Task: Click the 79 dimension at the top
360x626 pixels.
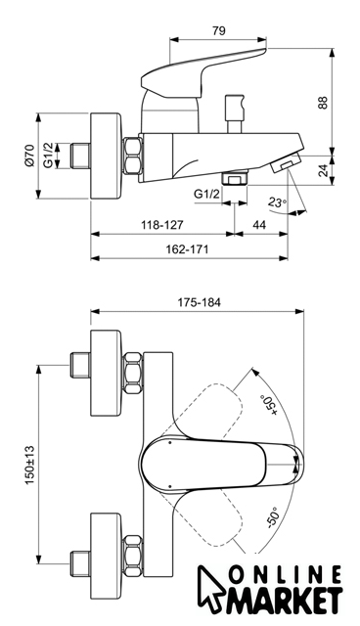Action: coord(219,30)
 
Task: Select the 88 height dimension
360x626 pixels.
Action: coord(323,103)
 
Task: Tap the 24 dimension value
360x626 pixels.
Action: coord(324,170)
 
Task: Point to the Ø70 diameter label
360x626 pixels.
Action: coord(29,156)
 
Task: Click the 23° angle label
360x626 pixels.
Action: coord(277,202)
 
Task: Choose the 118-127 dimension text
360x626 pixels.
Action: coord(162,225)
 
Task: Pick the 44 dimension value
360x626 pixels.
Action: coord(259,225)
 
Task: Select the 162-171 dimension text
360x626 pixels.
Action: coord(187,249)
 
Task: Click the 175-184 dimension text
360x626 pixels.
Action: coord(199,302)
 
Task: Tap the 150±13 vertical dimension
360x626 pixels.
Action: coord(30,466)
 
